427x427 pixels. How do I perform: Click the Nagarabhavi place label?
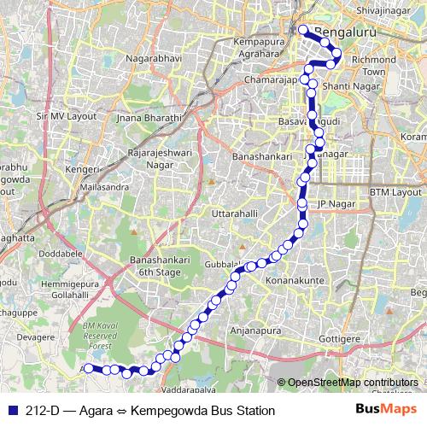point(154,59)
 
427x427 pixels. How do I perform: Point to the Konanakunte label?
point(298,280)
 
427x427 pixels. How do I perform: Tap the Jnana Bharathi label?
point(151,118)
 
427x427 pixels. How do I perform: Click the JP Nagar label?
point(335,203)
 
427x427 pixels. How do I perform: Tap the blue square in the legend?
point(10,411)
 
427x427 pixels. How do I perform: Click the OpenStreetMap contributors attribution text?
point(351,383)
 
